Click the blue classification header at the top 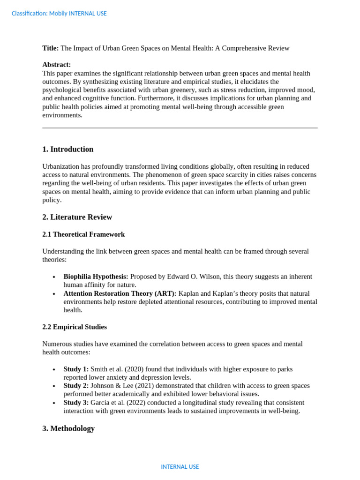click(x=59, y=14)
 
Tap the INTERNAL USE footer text click(x=180, y=467)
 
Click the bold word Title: click(x=51, y=48)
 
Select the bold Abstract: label click(x=57, y=65)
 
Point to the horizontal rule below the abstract click(x=180, y=127)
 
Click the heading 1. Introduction click(x=68, y=150)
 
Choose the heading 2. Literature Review click(x=77, y=217)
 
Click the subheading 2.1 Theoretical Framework click(x=83, y=234)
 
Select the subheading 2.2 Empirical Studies click(x=75, y=327)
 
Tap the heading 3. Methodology click(x=68, y=428)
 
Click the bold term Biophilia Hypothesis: click(x=96, y=277)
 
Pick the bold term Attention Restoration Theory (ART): click(x=120, y=293)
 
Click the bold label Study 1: click(x=76, y=369)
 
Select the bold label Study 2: click(x=76, y=386)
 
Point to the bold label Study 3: click(x=76, y=403)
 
